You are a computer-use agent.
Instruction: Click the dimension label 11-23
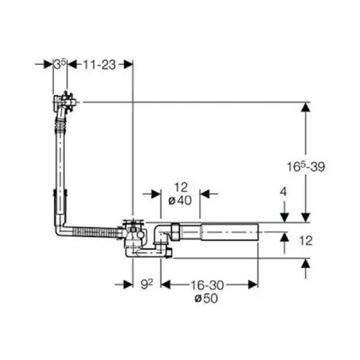coord(99,65)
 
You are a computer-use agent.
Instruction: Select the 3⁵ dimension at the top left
coord(60,64)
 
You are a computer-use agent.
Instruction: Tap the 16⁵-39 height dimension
coord(306,166)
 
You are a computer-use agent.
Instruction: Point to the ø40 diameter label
coord(180,200)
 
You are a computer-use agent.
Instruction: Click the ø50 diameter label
coord(207,298)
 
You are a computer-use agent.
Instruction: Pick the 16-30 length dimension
coord(207,285)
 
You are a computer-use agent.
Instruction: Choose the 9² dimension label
coord(147,284)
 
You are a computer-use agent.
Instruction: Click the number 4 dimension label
coord(284,192)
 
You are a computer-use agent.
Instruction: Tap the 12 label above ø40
coord(181,187)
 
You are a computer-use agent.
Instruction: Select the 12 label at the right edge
coord(306,240)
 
